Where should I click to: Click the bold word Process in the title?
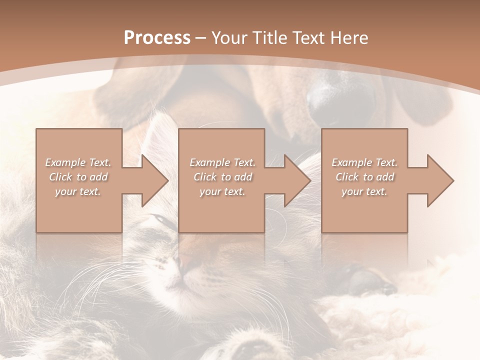pyautogui.click(x=157, y=38)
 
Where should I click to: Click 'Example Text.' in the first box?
pyautogui.click(x=78, y=162)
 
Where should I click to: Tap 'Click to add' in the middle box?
pyautogui.click(x=222, y=177)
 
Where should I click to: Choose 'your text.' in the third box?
pyautogui.click(x=364, y=191)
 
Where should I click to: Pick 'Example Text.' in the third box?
pyautogui.click(x=364, y=162)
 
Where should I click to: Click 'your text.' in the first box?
pyautogui.click(x=78, y=191)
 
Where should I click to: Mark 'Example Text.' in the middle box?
pyautogui.click(x=222, y=162)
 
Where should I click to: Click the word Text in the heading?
pyautogui.click(x=306, y=38)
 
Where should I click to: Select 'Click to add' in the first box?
pyautogui.click(x=78, y=177)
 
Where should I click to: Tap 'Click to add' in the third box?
pyautogui.click(x=364, y=177)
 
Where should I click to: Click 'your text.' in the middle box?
pyautogui.click(x=222, y=191)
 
